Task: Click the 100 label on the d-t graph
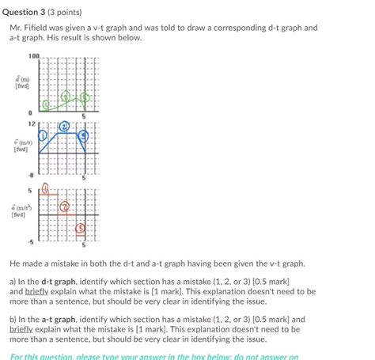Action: (x=33, y=55)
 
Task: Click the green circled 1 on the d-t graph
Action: (x=47, y=103)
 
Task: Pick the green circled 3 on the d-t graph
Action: (x=84, y=98)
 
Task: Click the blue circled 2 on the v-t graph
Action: (x=64, y=127)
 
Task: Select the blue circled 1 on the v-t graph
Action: (x=44, y=135)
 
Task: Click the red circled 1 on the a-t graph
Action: (x=46, y=189)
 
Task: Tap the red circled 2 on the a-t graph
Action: (x=64, y=205)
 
